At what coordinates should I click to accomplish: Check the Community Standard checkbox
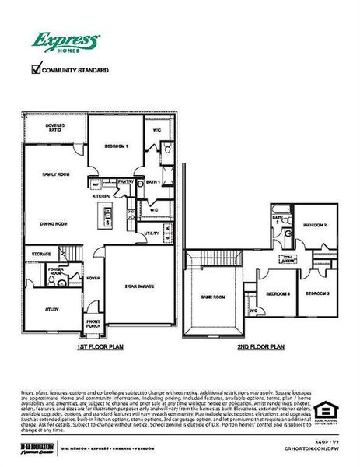35,69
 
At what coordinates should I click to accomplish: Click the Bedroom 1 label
116,146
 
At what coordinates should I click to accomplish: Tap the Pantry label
127,181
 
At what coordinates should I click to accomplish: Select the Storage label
41,255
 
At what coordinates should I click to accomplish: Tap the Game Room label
212,297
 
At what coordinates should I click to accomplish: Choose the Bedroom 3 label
316,293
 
